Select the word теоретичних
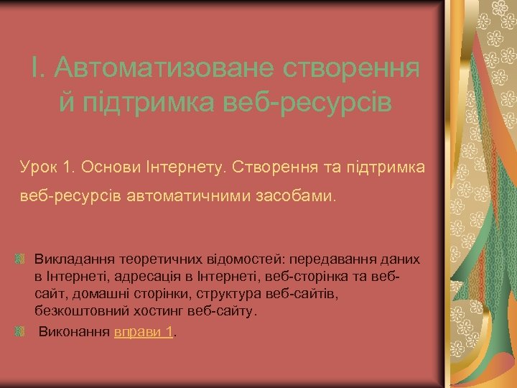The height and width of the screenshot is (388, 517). [151, 258]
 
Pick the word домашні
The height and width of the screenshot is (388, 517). [98, 294]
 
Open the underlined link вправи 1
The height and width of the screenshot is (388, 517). [144, 331]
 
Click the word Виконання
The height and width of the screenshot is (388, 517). [74, 331]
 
